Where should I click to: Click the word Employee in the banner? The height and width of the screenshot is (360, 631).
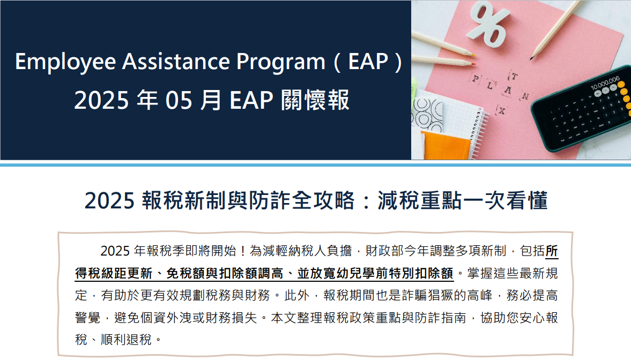(65, 62)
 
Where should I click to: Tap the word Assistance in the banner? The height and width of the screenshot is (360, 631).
(176, 62)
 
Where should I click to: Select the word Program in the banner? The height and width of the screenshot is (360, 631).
(280, 62)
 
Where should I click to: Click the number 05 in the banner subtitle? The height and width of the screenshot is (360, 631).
(179, 100)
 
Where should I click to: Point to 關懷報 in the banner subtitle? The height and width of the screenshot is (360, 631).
(315, 100)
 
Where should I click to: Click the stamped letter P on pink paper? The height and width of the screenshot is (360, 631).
(476, 78)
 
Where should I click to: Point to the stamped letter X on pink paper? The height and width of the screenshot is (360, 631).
(501, 110)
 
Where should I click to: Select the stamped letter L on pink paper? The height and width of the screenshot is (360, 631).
(489, 85)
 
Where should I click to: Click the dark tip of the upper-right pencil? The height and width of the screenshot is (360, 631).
(532, 59)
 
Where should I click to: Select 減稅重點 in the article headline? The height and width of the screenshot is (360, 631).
(419, 200)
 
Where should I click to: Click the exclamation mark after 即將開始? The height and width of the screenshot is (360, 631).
(243, 251)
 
